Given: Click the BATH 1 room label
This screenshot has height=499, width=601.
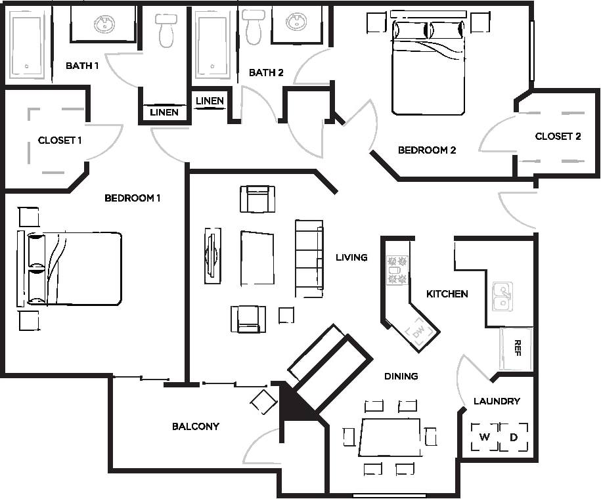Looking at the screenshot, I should [x=82, y=66].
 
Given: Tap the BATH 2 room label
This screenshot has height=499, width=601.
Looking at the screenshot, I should [x=266, y=73].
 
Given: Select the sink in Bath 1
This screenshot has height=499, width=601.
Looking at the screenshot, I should [x=104, y=24].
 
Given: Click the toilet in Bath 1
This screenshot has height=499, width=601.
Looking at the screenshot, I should [x=166, y=29].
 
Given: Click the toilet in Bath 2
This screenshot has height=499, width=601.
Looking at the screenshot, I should [x=253, y=27].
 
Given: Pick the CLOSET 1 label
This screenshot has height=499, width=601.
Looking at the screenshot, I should [x=60, y=141].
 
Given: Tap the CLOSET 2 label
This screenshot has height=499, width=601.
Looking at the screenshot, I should [x=558, y=137].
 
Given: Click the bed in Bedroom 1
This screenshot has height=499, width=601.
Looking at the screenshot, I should [x=76, y=269].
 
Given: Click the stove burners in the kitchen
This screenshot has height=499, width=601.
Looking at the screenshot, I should [x=397, y=270].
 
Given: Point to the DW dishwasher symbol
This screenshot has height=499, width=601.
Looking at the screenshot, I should [x=419, y=332].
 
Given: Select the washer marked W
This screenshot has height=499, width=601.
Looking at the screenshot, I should [x=485, y=437].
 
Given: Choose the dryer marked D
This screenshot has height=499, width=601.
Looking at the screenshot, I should [x=514, y=437].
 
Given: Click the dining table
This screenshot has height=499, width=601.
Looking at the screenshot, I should [x=390, y=437].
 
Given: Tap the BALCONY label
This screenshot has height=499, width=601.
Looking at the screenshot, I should [x=196, y=427].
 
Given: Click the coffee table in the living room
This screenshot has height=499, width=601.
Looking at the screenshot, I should [x=257, y=258].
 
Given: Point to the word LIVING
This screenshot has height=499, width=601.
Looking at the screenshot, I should [x=351, y=257].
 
